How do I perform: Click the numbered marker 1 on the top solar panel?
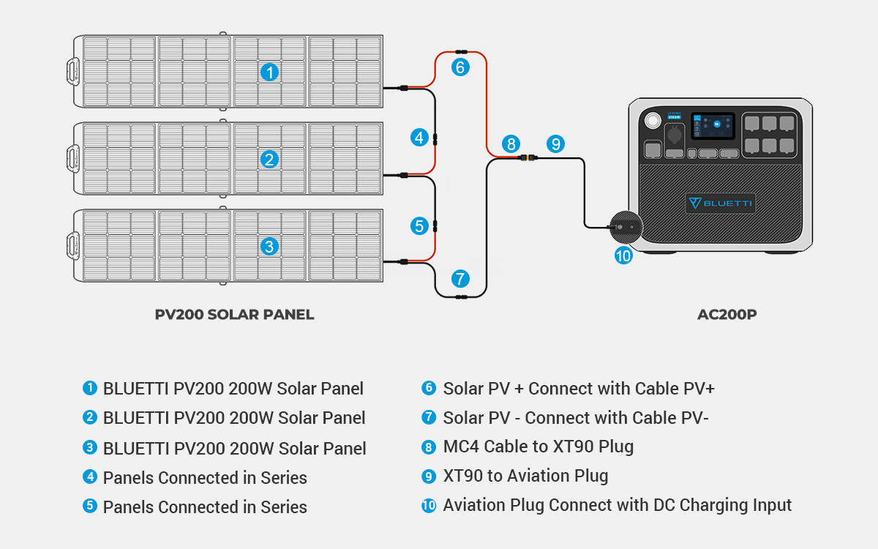click(270, 72)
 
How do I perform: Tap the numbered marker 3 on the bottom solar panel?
click(270, 247)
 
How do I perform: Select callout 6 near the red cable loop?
click(459, 67)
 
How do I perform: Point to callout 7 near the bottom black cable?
click(459, 278)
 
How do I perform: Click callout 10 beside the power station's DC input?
click(623, 255)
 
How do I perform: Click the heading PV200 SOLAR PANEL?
click(234, 315)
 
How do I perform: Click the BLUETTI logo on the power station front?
click(721, 203)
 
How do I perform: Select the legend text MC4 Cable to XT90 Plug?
click(538, 447)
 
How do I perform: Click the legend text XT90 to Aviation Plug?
click(525, 476)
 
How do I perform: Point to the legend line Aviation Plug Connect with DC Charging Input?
click(617, 505)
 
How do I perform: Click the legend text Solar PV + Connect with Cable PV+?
click(578, 388)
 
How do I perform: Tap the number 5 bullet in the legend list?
click(90, 506)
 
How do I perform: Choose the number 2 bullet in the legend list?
click(90, 417)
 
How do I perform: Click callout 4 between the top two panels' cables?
click(419, 137)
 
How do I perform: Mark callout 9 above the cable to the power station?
click(555, 143)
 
